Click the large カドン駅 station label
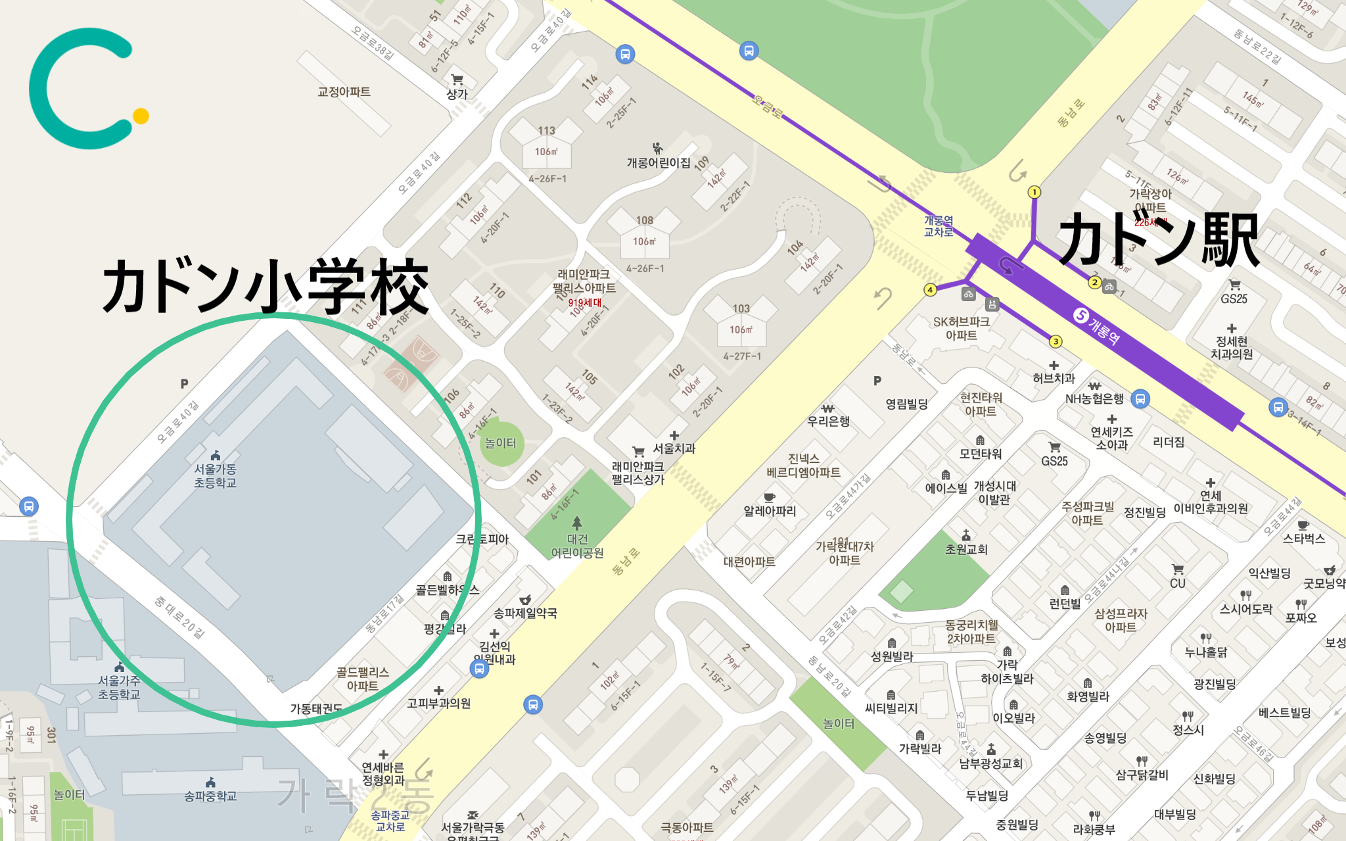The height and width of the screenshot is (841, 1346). (1159, 241)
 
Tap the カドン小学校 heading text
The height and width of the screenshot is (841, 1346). (266, 287)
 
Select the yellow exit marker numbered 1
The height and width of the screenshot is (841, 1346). (1034, 192)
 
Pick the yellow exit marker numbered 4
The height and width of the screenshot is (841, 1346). (930, 289)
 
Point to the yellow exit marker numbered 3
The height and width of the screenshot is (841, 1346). (1056, 341)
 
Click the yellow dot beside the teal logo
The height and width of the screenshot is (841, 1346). (141, 116)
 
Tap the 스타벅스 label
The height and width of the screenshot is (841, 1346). (1304, 539)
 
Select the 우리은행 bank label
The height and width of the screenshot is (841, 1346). (828, 421)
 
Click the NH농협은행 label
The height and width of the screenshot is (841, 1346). (1094, 398)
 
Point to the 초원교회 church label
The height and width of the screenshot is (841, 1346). (966, 549)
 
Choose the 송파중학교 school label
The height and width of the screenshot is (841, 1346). (210, 796)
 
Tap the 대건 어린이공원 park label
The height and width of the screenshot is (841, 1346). (577, 546)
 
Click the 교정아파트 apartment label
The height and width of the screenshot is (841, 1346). (344, 91)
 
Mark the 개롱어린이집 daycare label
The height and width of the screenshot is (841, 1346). (659, 162)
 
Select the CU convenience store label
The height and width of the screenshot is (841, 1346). (1177, 583)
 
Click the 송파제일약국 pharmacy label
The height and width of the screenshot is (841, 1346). (525, 613)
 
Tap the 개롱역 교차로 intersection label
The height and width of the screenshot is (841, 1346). (939, 226)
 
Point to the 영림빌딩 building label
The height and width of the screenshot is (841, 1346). (907, 404)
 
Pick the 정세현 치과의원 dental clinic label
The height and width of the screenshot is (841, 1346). (1232, 347)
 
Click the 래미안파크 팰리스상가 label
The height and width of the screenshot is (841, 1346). (638, 473)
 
